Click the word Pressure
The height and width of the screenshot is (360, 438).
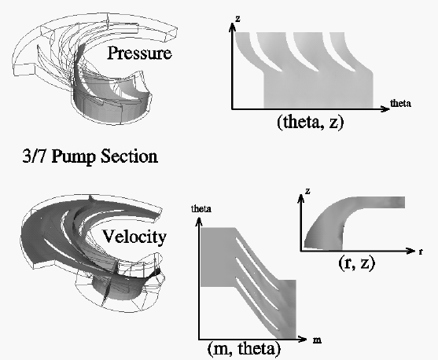tap(139, 53)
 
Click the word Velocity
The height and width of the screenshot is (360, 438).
tap(134, 237)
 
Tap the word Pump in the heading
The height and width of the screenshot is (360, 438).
tap(73, 156)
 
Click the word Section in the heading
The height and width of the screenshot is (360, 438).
tap(129, 156)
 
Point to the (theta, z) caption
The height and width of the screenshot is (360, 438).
tap(310, 122)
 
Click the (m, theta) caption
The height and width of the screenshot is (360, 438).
tap(244, 348)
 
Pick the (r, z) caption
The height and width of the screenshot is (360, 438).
tap(357, 263)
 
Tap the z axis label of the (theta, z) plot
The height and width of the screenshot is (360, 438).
tap(237, 19)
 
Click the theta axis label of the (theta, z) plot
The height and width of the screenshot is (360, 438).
tap(400, 103)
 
